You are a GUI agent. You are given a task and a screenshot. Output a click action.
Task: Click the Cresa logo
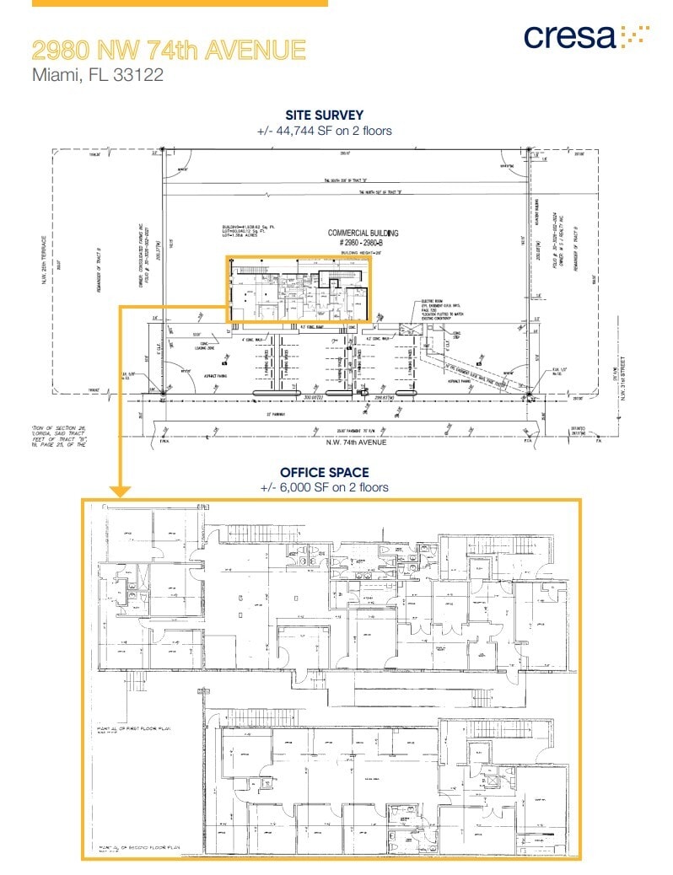click(x=585, y=36)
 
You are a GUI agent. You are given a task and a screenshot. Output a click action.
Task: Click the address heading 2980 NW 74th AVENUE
click(x=169, y=50)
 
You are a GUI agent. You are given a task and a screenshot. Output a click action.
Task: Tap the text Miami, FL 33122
click(x=97, y=75)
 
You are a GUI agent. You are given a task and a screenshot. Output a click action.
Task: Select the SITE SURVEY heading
click(x=325, y=115)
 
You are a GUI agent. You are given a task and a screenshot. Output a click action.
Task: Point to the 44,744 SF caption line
click(x=325, y=131)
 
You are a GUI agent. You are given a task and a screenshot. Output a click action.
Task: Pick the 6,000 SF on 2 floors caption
click(x=325, y=487)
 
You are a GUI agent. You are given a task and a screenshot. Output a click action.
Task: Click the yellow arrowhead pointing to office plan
click(x=121, y=490)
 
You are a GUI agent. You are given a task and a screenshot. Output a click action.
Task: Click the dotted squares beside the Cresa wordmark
click(x=635, y=34)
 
